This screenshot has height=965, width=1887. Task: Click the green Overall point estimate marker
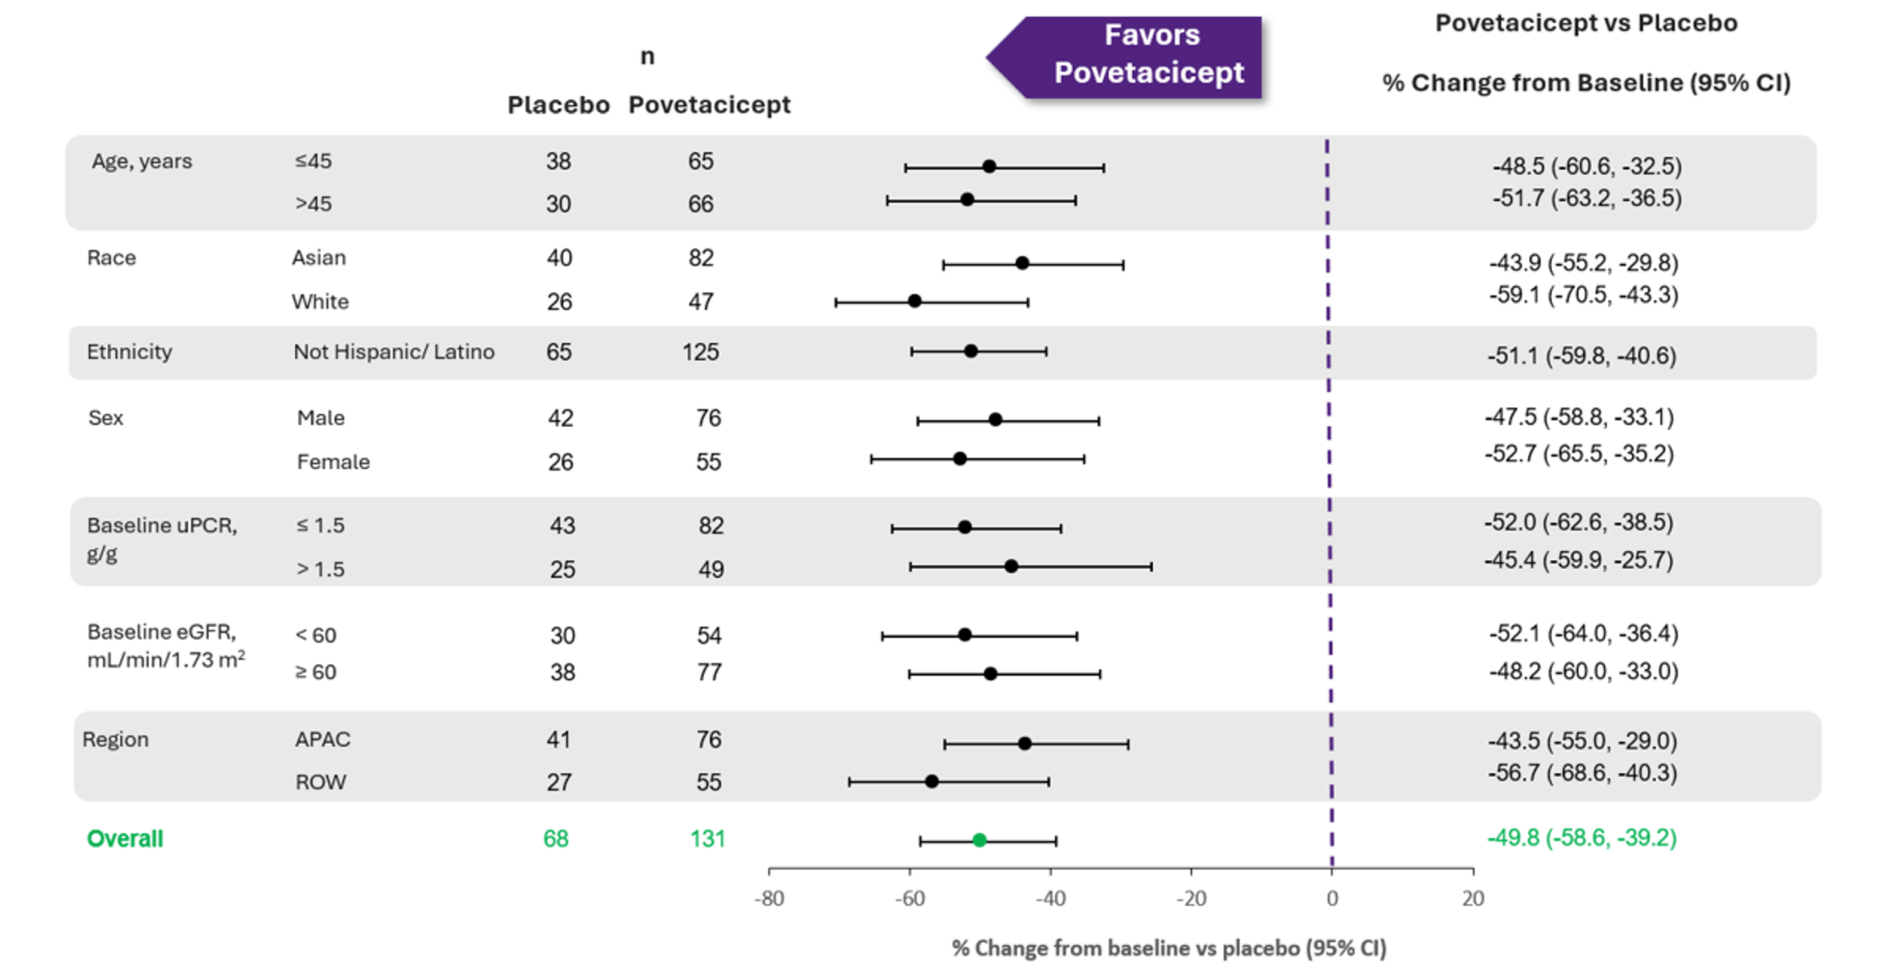(979, 839)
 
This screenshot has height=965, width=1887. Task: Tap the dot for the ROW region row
(932, 781)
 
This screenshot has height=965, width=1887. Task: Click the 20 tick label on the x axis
(1473, 898)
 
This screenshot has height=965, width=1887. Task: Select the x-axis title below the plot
(1168, 948)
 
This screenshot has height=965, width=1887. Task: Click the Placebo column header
(558, 105)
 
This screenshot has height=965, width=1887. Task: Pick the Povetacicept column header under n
(709, 105)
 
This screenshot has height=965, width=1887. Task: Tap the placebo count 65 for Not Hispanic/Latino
(559, 352)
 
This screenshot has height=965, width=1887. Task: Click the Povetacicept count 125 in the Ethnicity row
(700, 352)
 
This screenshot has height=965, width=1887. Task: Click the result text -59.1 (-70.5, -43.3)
(1583, 295)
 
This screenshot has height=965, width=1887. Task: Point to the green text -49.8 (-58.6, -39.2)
(1581, 838)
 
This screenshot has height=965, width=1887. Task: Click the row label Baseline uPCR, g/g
(161, 539)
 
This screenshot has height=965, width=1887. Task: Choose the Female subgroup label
(333, 462)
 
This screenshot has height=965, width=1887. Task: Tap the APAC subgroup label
(322, 740)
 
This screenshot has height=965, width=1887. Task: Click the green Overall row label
(124, 838)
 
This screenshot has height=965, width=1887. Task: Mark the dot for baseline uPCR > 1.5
(1011, 566)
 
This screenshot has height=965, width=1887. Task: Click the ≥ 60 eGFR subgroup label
(316, 672)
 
